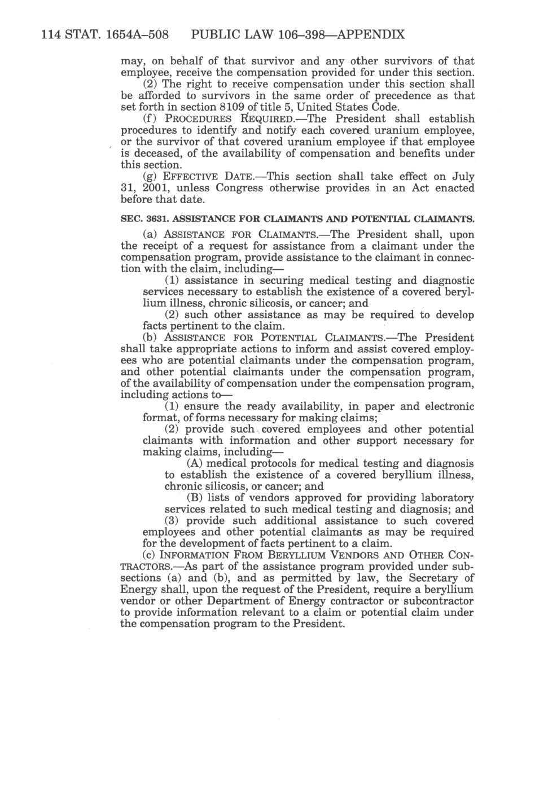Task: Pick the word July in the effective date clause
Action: click(462, 177)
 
